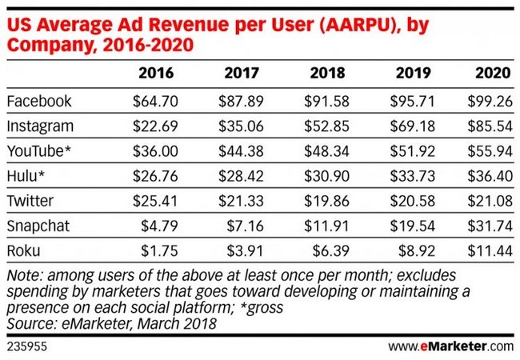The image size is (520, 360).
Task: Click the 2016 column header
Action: [x=157, y=74]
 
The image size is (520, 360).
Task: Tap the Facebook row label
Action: [x=39, y=102]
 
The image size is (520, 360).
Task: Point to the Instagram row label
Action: [x=41, y=126]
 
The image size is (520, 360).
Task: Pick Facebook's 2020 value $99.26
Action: [x=488, y=102]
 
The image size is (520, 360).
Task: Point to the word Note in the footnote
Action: [x=22, y=276]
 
